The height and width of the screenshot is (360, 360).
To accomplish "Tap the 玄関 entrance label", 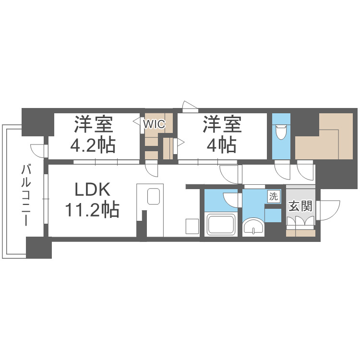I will click(300, 207).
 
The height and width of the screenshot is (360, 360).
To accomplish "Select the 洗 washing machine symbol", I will click(273, 196).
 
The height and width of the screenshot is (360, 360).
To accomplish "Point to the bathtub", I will click(220, 224).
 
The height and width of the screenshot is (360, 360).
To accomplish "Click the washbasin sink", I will click(253, 226).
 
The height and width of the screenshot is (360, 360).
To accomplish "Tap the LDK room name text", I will click(93, 191).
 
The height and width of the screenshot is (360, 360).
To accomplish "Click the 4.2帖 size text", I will click(94, 144).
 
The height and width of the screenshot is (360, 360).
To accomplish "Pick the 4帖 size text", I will click(221, 144).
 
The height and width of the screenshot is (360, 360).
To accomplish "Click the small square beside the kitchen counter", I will click(192, 226).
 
